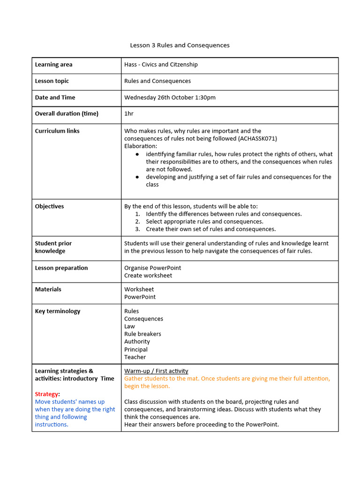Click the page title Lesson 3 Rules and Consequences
point(180,45)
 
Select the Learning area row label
point(53,65)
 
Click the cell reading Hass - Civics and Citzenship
point(161,65)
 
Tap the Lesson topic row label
point(52,81)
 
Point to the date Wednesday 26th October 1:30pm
point(170,97)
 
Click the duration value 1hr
point(129,114)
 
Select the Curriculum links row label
point(57,131)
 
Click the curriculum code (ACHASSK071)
point(257,139)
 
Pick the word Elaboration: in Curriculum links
point(140,146)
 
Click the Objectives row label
point(49,206)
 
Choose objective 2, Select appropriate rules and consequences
point(204,222)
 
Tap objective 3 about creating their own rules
point(210,229)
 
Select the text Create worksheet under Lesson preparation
point(148,276)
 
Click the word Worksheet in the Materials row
point(139,289)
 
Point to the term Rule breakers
point(142,334)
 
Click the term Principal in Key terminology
point(135,350)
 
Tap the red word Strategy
point(46,394)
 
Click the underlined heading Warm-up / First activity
point(156,371)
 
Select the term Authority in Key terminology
point(137,342)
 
